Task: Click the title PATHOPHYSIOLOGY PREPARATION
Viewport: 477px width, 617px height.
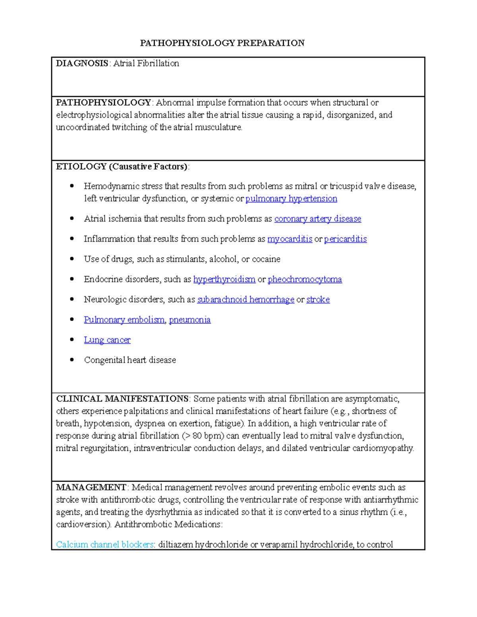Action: click(x=222, y=43)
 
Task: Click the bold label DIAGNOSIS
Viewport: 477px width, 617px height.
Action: click(x=82, y=63)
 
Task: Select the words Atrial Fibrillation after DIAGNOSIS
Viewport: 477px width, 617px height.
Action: click(x=146, y=63)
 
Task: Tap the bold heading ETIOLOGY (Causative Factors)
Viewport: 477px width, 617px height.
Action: click(x=122, y=166)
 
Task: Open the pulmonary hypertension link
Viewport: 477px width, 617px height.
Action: click(x=291, y=199)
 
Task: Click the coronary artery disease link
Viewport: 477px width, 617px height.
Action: click(x=318, y=219)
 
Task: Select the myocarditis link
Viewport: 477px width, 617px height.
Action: click(x=290, y=239)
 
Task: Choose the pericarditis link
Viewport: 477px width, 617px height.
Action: click(x=345, y=239)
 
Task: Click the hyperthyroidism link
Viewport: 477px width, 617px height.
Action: click(x=224, y=279)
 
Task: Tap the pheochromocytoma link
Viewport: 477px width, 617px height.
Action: click(x=305, y=279)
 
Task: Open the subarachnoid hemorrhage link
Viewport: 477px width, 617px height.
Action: click(x=246, y=300)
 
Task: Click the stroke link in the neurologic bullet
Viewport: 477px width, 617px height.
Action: click(x=318, y=300)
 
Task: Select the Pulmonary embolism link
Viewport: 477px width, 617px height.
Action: click(x=124, y=320)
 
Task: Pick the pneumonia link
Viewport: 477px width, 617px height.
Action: click(x=190, y=320)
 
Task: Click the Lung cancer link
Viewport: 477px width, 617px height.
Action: click(x=107, y=340)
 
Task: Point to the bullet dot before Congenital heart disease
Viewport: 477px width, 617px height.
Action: click(x=72, y=360)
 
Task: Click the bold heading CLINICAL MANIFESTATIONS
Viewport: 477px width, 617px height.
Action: click(x=122, y=399)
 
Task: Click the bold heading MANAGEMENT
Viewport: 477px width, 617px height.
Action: click(x=91, y=487)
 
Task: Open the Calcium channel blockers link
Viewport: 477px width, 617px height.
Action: click(x=105, y=545)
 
